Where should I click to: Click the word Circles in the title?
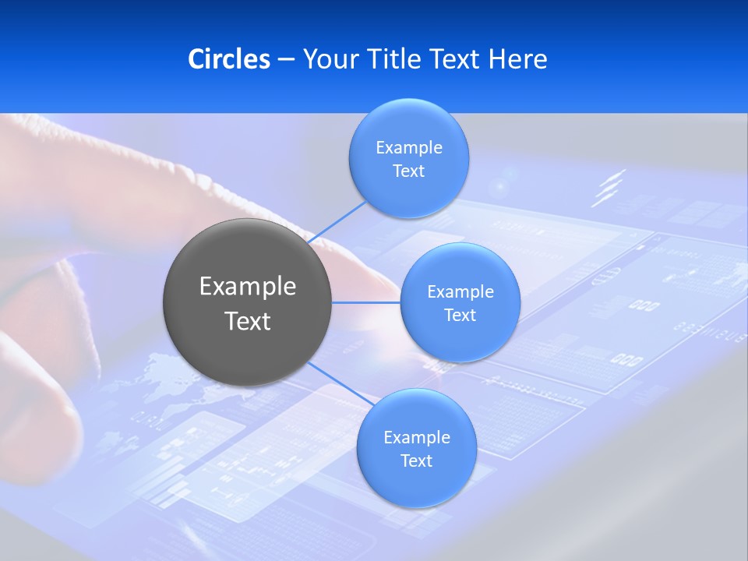(228, 59)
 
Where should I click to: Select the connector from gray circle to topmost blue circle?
(337, 222)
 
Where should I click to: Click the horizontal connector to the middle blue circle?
(365, 302)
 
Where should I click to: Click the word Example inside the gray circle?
(248, 287)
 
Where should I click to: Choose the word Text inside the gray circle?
(248, 321)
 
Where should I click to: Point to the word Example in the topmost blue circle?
(408, 148)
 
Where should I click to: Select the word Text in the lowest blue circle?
(416, 461)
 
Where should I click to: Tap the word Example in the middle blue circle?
(460, 292)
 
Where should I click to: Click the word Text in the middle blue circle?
(460, 316)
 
